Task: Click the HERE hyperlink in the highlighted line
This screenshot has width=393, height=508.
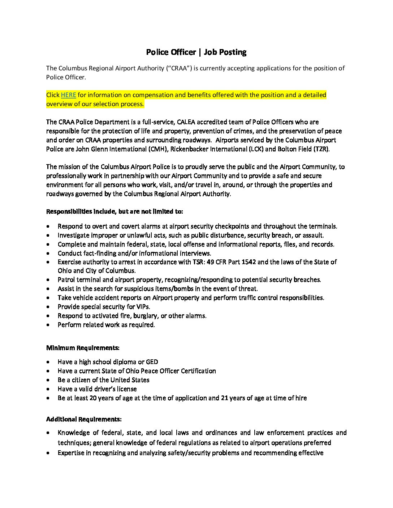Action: [68, 95]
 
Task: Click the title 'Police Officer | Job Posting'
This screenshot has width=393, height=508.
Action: [196, 52]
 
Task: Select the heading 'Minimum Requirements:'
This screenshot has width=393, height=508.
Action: [83, 348]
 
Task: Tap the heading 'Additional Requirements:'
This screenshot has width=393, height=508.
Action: [84, 419]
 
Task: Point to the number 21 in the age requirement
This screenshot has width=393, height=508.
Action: [224, 398]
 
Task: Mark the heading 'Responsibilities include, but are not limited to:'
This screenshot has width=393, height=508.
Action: [115, 211]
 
